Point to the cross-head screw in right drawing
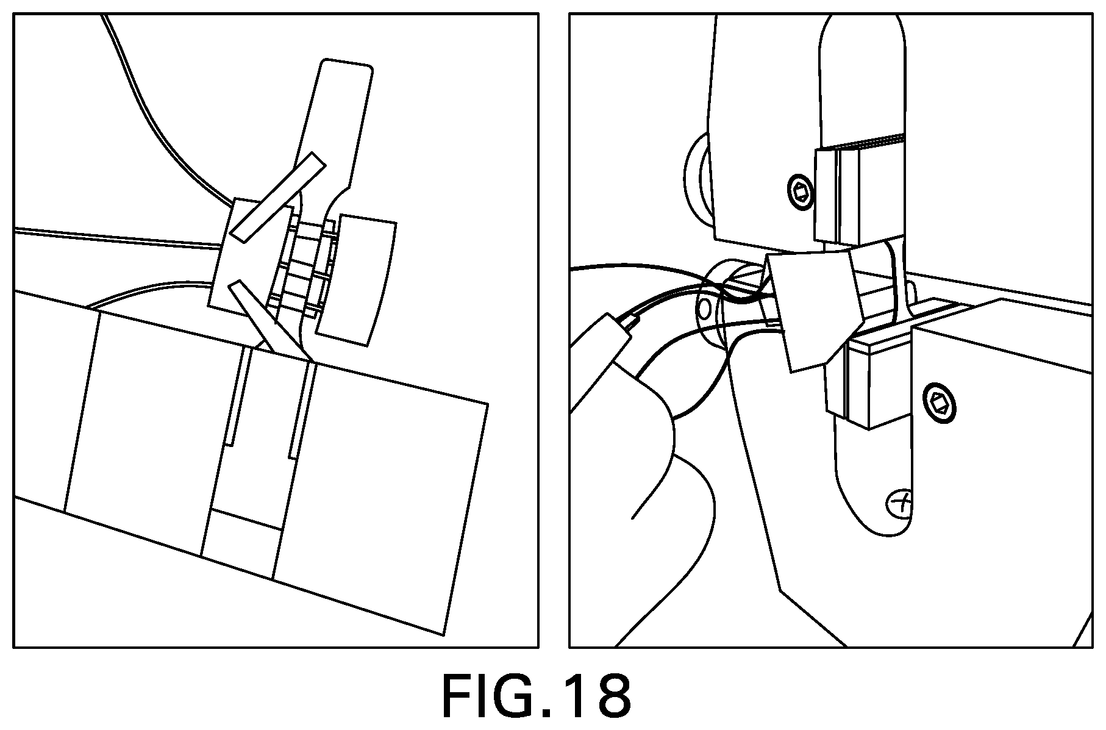click(899, 504)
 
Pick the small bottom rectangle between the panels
click(241, 543)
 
